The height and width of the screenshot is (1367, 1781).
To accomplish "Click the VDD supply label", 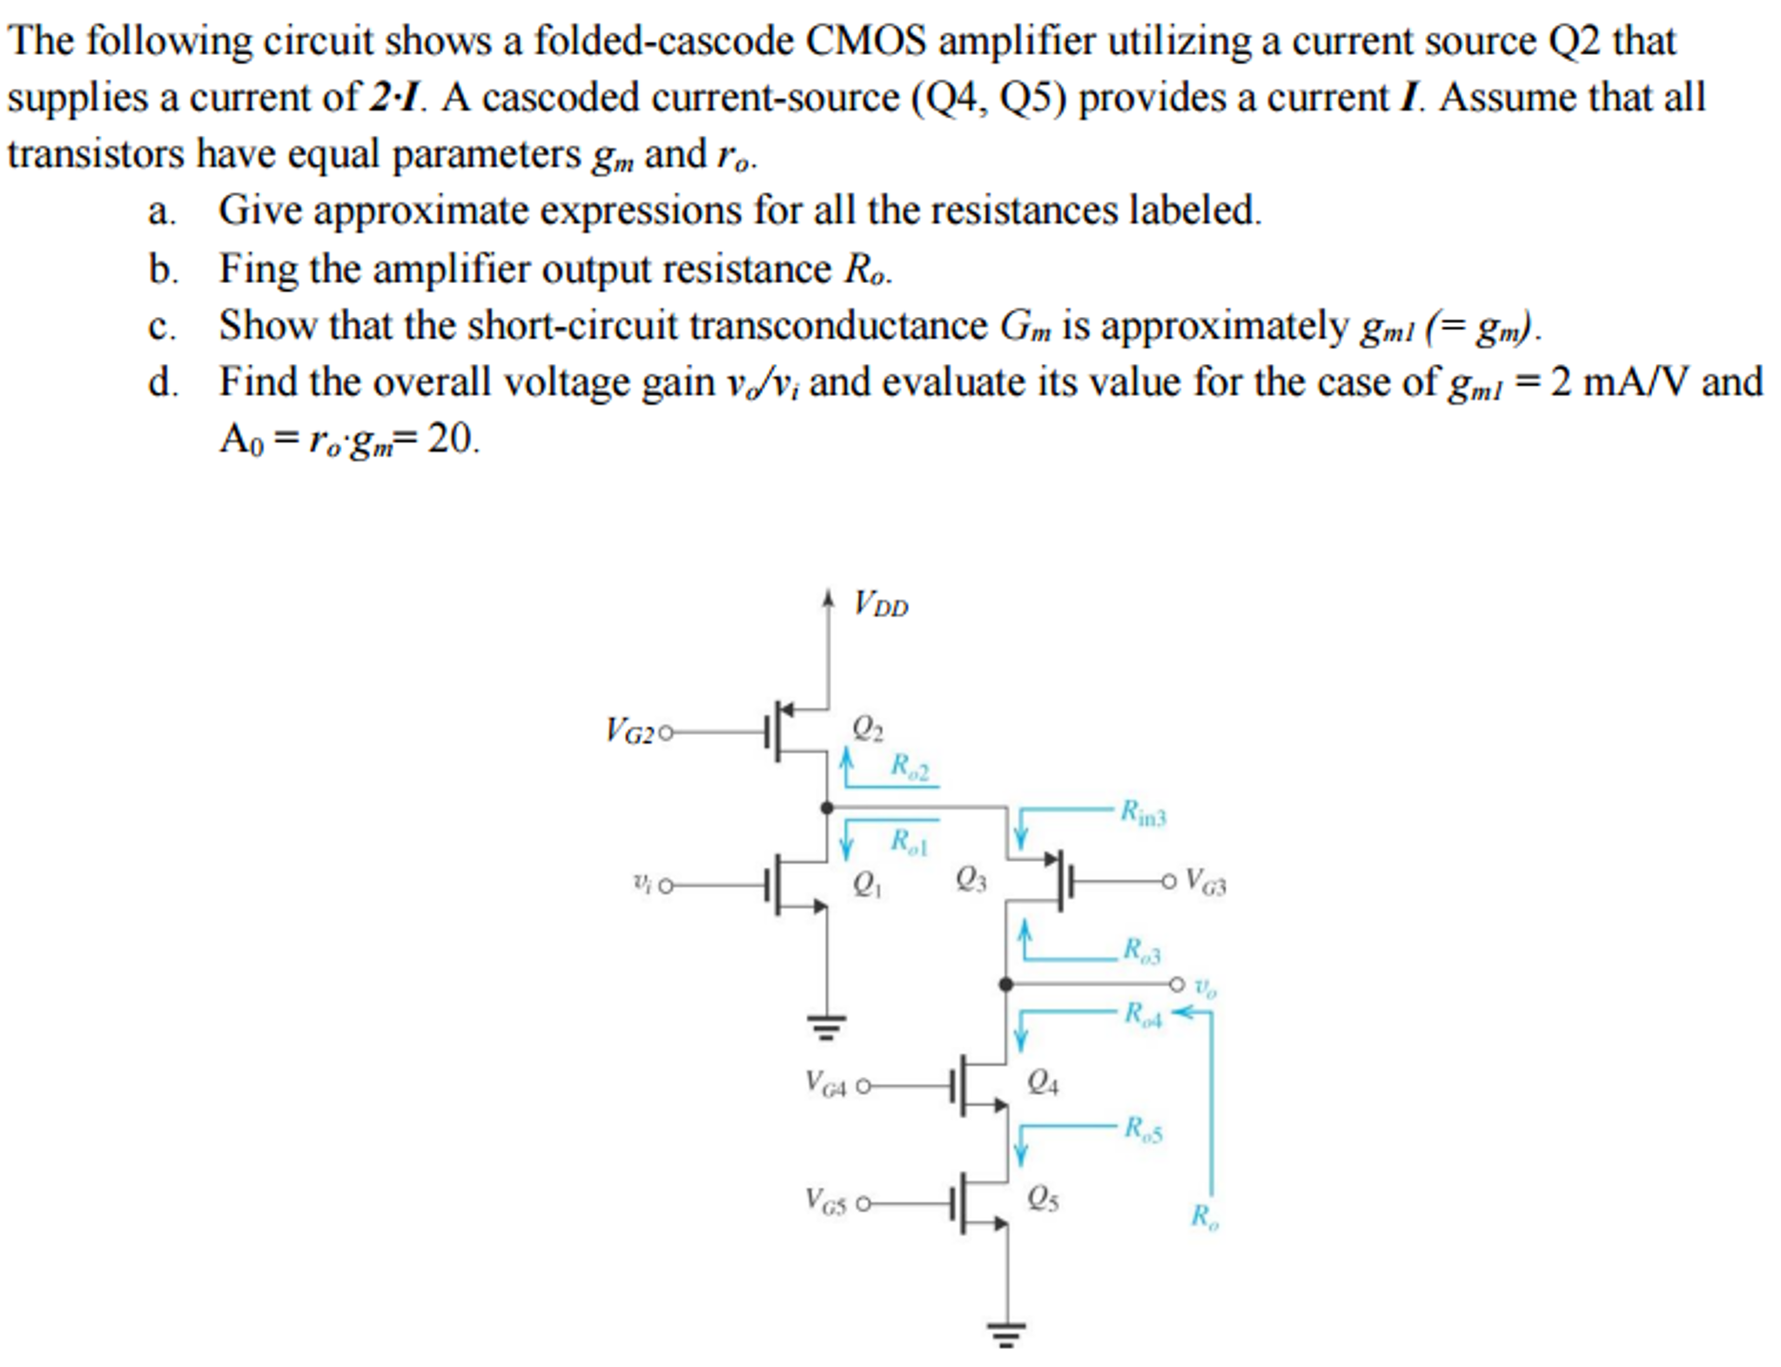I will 880,604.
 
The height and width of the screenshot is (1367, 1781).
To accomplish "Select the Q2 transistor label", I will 867,728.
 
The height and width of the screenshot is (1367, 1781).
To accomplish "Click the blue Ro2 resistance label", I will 909,767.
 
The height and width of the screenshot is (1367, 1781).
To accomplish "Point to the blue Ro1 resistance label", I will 909,842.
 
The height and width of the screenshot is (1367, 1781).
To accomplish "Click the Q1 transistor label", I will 867,885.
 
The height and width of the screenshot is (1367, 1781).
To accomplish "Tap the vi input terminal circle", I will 666,886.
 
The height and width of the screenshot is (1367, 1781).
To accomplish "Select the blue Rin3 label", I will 1142,813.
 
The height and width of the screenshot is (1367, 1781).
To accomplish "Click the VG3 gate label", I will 1206,881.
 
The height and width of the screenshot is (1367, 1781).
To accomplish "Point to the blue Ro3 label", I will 1141,950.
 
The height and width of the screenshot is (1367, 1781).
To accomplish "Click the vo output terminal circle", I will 1177,985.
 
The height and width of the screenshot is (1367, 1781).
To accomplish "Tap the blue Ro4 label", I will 1142,1014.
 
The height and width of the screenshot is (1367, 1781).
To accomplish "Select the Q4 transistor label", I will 1043,1082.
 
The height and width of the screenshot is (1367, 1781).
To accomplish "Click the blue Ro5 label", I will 1142,1129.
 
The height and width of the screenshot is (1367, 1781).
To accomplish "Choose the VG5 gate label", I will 825,1202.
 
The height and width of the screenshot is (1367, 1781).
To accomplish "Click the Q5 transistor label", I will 1043,1200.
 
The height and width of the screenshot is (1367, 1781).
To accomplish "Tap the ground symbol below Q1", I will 826,1027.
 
